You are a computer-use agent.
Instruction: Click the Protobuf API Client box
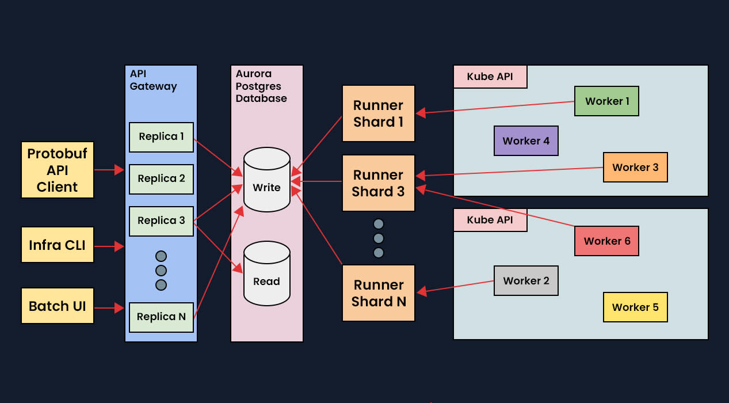click(58, 170)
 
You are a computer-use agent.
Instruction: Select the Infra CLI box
click(58, 245)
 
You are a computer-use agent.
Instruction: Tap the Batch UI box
click(58, 306)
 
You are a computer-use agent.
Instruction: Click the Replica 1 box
click(161, 137)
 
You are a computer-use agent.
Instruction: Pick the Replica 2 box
click(161, 179)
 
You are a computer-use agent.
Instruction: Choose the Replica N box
click(161, 317)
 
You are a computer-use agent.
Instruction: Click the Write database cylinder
click(266, 180)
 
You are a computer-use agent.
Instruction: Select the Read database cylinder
click(266, 273)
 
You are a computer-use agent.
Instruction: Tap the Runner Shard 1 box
click(378, 113)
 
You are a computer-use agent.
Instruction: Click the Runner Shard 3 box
click(378, 183)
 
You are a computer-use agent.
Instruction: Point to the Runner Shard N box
click(378, 293)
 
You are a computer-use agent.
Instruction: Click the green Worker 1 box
click(606, 101)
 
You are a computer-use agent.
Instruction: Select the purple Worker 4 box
click(526, 141)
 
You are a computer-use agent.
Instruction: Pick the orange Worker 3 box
click(635, 168)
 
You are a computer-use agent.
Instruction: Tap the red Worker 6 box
click(606, 241)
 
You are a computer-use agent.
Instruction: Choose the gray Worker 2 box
click(526, 281)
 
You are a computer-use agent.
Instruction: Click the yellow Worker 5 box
click(635, 307)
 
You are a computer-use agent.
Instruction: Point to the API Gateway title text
click(153, 80)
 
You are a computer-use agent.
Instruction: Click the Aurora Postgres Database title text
click(261, 86)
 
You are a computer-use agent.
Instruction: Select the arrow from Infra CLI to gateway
click(109, 246)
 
